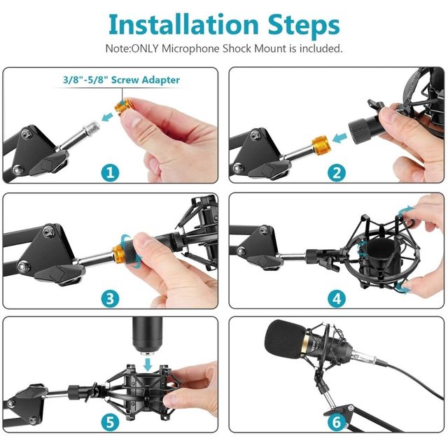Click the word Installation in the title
[183, 24]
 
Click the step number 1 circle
[109, 172]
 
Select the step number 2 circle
[337, 172]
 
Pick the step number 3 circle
[109, 298]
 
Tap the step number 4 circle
[337, 298]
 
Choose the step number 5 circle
[109, 421]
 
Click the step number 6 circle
[337, 421]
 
